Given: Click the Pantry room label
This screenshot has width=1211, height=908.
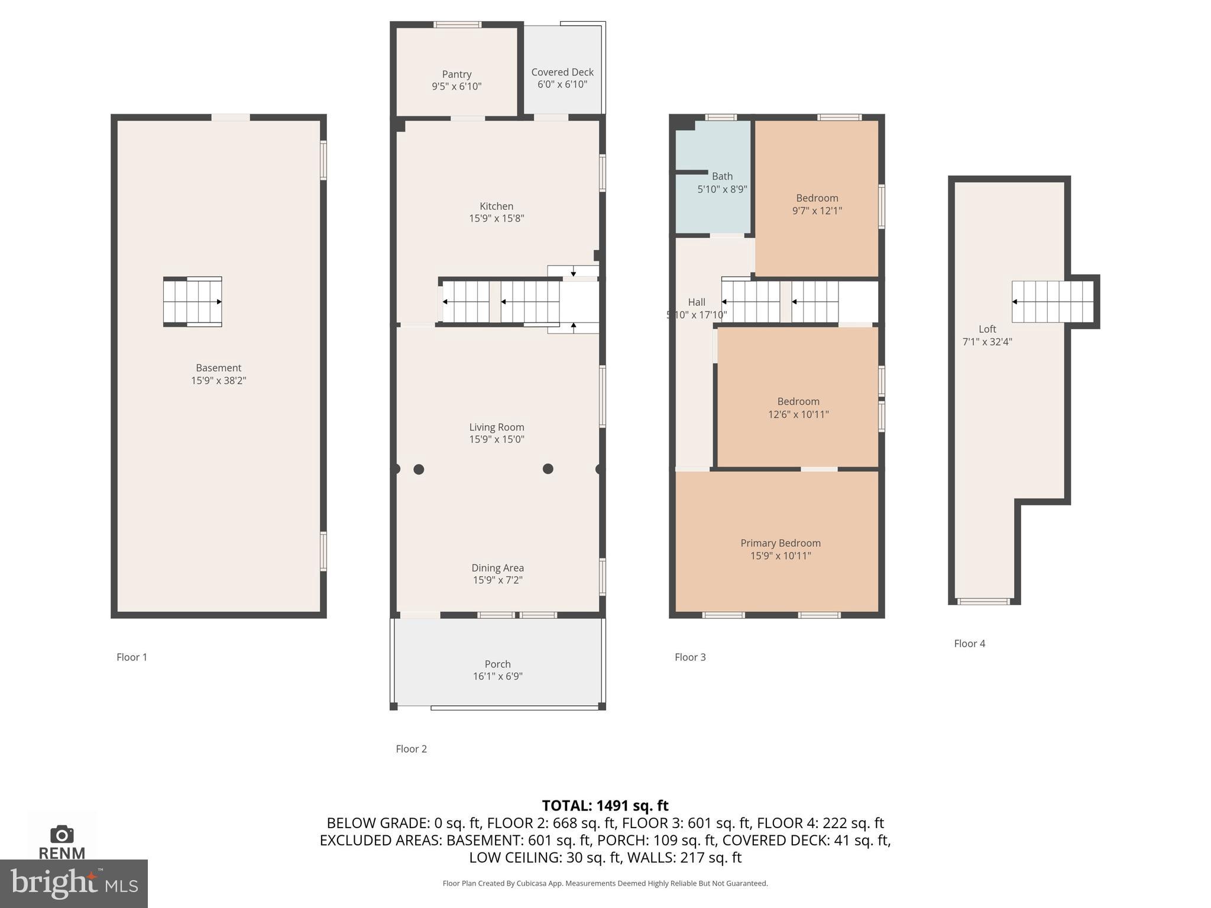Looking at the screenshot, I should (456, 74).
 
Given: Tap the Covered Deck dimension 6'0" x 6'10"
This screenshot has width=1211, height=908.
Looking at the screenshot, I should (562, 85).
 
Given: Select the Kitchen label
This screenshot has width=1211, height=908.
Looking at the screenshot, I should (496, 206).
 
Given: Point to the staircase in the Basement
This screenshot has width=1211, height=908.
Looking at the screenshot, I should (193, 301).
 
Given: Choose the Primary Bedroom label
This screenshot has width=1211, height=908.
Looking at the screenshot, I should (780, 543).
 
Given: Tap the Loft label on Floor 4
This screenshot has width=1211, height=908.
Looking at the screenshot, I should (987, 329).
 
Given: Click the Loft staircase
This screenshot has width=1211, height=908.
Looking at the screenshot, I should (1052, 301).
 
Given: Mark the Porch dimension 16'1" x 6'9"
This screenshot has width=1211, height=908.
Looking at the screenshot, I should (497, 676).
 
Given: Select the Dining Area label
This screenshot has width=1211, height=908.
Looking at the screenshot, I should (497, 568).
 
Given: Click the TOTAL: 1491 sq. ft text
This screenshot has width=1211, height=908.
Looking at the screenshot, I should (605, 806).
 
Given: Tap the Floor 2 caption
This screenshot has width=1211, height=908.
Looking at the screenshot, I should (411, 749).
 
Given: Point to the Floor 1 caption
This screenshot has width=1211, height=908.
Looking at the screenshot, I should (131, 657).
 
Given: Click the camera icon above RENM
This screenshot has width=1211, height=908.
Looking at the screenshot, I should (62, 834).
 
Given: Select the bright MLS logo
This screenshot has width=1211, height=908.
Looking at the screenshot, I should (74, 884).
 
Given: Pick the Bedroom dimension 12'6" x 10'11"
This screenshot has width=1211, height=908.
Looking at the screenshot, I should (798, 414).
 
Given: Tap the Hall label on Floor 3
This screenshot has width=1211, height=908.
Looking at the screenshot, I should (697, 302).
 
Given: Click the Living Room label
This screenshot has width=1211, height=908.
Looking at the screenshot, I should (496, 427).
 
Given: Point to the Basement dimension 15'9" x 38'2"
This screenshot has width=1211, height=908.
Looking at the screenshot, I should (218, 381).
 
